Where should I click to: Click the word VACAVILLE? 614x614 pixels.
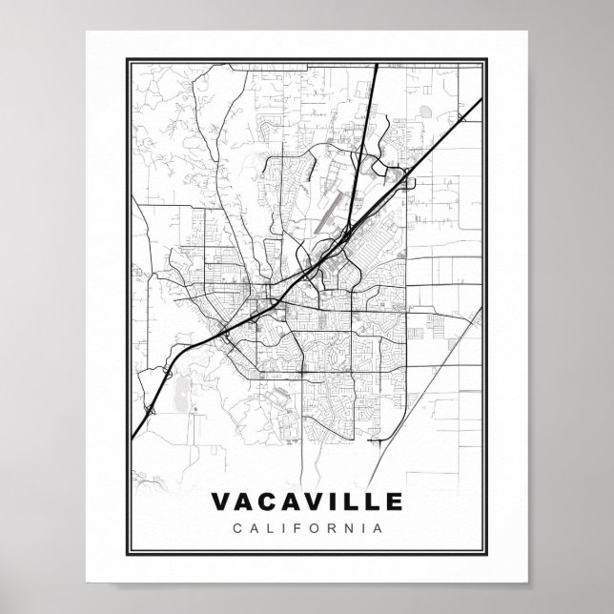click(x=307, y=502)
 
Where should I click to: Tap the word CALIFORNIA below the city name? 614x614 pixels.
click(x=307, y=527)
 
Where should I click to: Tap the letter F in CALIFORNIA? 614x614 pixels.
click(x=298, y=527)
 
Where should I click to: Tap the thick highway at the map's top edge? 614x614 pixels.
click(x=377, y=66)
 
